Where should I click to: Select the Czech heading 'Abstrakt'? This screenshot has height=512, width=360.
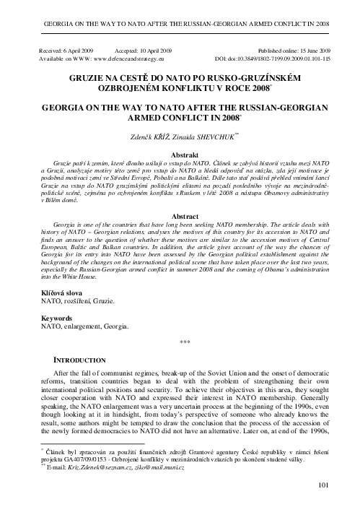click(x=180, y=155)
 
